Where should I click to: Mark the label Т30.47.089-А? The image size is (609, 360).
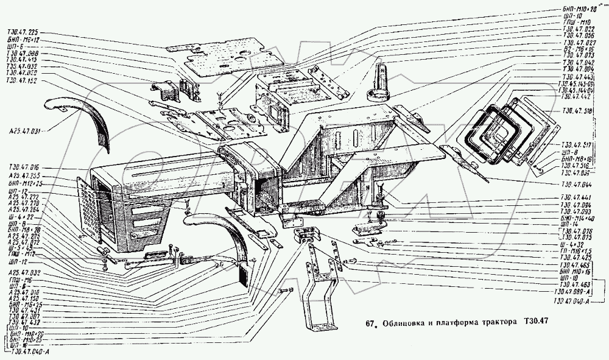[x=576, y=292]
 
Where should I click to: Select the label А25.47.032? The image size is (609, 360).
[x=25, y=274]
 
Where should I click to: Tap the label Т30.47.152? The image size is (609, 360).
[x=22, y=80]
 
